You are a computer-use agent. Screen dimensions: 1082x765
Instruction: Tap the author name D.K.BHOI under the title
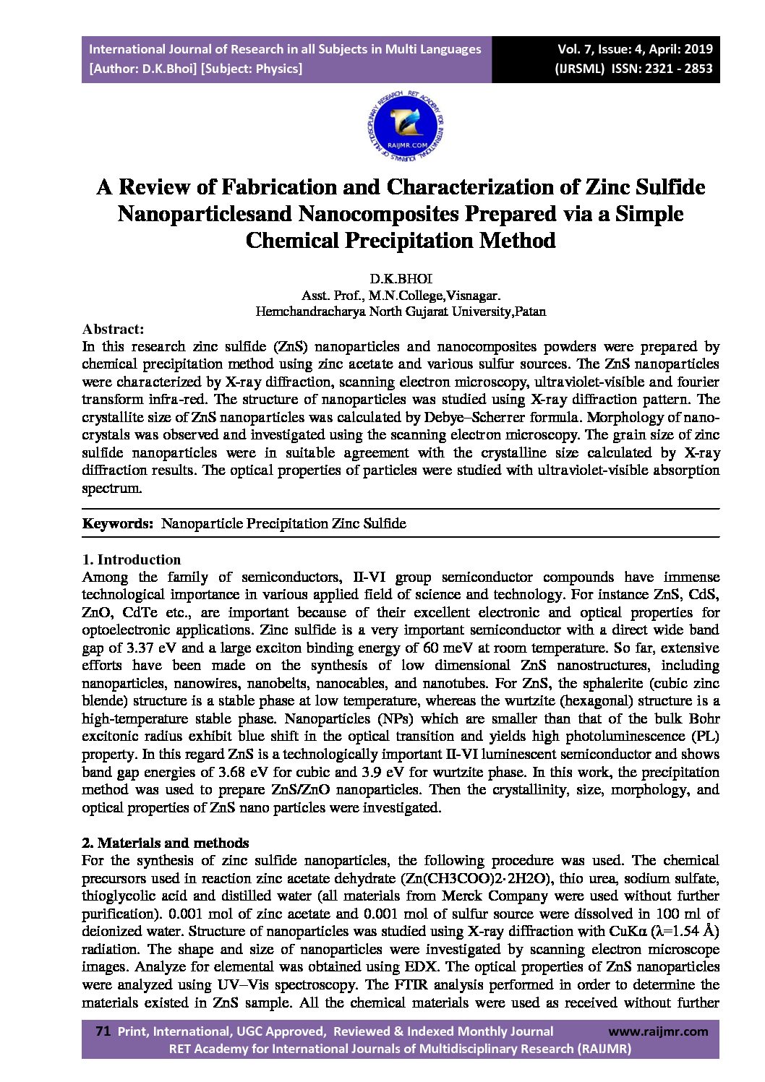tap(401, 279)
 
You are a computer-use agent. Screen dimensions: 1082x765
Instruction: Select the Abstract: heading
tap(113, 329)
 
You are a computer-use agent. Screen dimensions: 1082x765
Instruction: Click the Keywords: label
tap(117, 523)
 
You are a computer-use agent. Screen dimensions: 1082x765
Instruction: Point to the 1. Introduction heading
tap(131, 559)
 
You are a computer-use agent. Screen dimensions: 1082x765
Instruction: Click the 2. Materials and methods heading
tap(165, 843)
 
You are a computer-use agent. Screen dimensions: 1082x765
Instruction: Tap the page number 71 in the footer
tap(103, 1031)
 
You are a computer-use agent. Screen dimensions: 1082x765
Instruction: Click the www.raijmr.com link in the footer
tap(658, 1031)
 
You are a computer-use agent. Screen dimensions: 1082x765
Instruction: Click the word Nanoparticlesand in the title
tap(204, 214)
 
